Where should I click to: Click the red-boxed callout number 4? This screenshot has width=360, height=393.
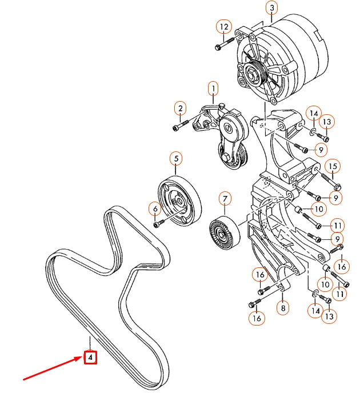pyautogui.click(x=90, y=358)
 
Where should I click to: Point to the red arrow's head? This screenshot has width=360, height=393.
pyautogui.click(x=80, y=359)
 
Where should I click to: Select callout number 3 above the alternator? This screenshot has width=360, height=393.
pyautogui.click(x=271, y=8)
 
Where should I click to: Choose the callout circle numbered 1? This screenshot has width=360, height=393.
pyautogui.click(x=213, y=89)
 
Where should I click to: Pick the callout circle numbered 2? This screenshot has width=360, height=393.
pyautogui.click(x=180, y=109)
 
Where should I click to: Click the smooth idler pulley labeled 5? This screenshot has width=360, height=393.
pyautogui.click(x=181, y=202)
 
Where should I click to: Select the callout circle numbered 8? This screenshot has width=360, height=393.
pyautogui.click(x=283, y=308)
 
